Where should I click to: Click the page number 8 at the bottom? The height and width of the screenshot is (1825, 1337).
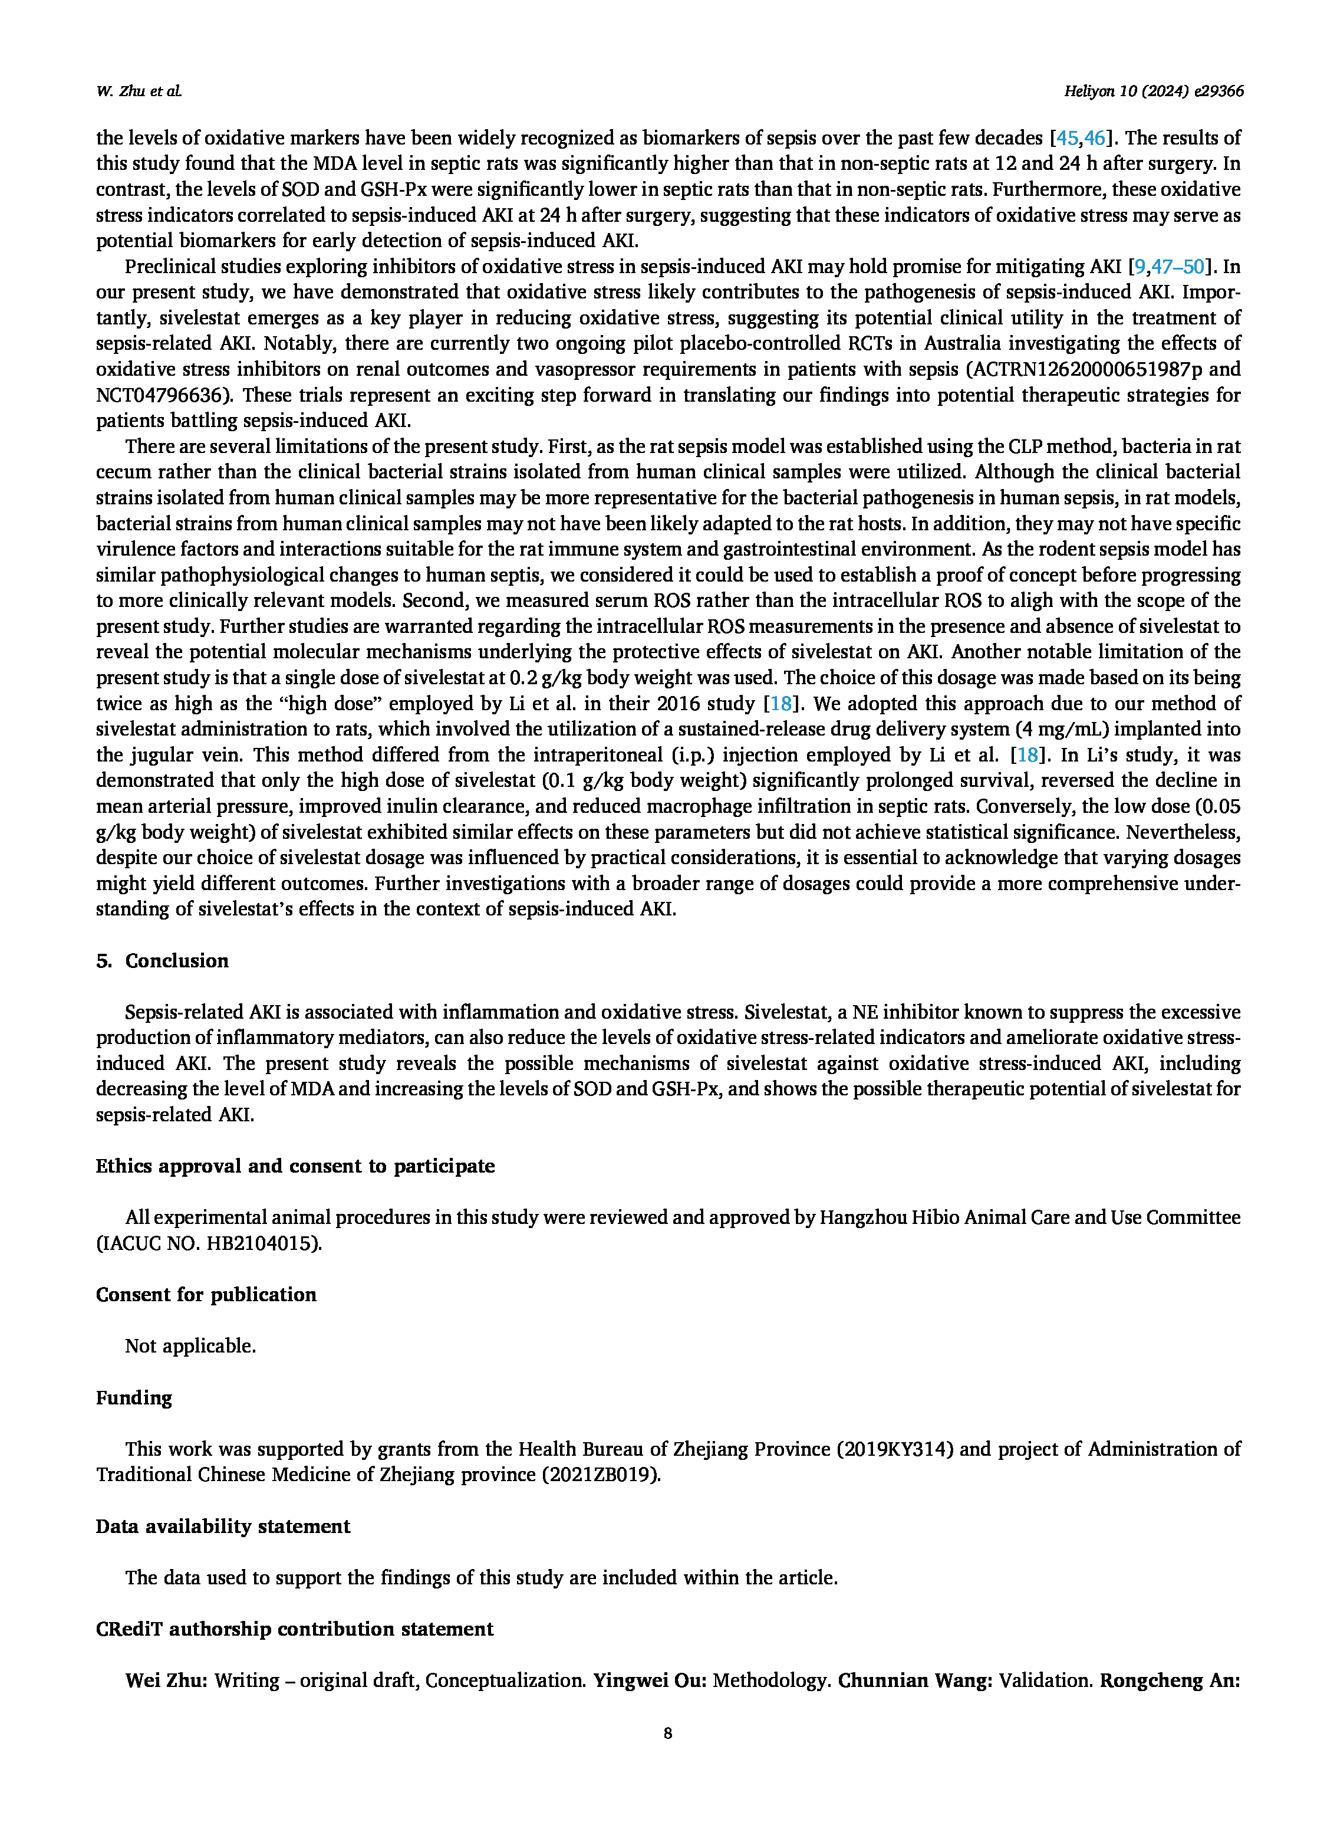668,1734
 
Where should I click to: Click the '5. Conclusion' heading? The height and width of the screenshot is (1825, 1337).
162,961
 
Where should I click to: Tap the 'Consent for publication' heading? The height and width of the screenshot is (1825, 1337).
206,1295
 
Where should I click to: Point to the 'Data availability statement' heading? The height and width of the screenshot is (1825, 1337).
223,1526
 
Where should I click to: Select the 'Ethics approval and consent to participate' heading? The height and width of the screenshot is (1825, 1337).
295,1166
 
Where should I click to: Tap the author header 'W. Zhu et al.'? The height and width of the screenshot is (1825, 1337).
139,92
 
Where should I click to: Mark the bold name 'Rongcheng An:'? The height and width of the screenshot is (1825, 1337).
1170,1681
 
